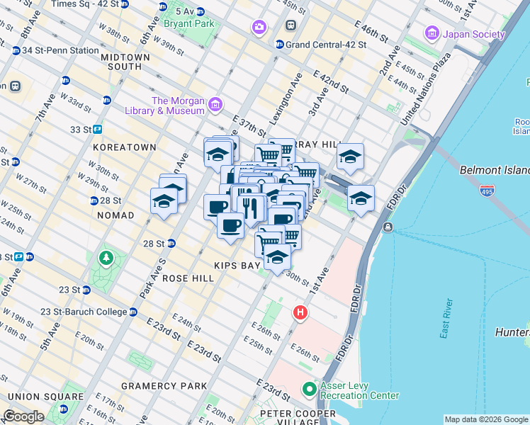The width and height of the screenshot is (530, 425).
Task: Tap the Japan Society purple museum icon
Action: point(431,33)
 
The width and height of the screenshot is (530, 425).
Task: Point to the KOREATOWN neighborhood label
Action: point(124,147)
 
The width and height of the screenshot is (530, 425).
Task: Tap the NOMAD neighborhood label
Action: point(115,215)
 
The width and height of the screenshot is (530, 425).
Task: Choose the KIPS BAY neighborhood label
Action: point(239,265)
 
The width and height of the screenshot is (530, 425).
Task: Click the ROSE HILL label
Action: point(188,279)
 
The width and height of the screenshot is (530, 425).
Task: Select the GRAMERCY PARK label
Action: point(164,386)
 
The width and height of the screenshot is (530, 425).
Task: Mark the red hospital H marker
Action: point(300,312)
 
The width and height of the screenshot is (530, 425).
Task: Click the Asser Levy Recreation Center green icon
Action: point(309,389)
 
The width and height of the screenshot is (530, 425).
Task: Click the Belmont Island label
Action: point(494,171)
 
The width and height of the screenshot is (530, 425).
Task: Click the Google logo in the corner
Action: point(24,416)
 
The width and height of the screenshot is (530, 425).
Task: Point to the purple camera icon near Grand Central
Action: point(259,27)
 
